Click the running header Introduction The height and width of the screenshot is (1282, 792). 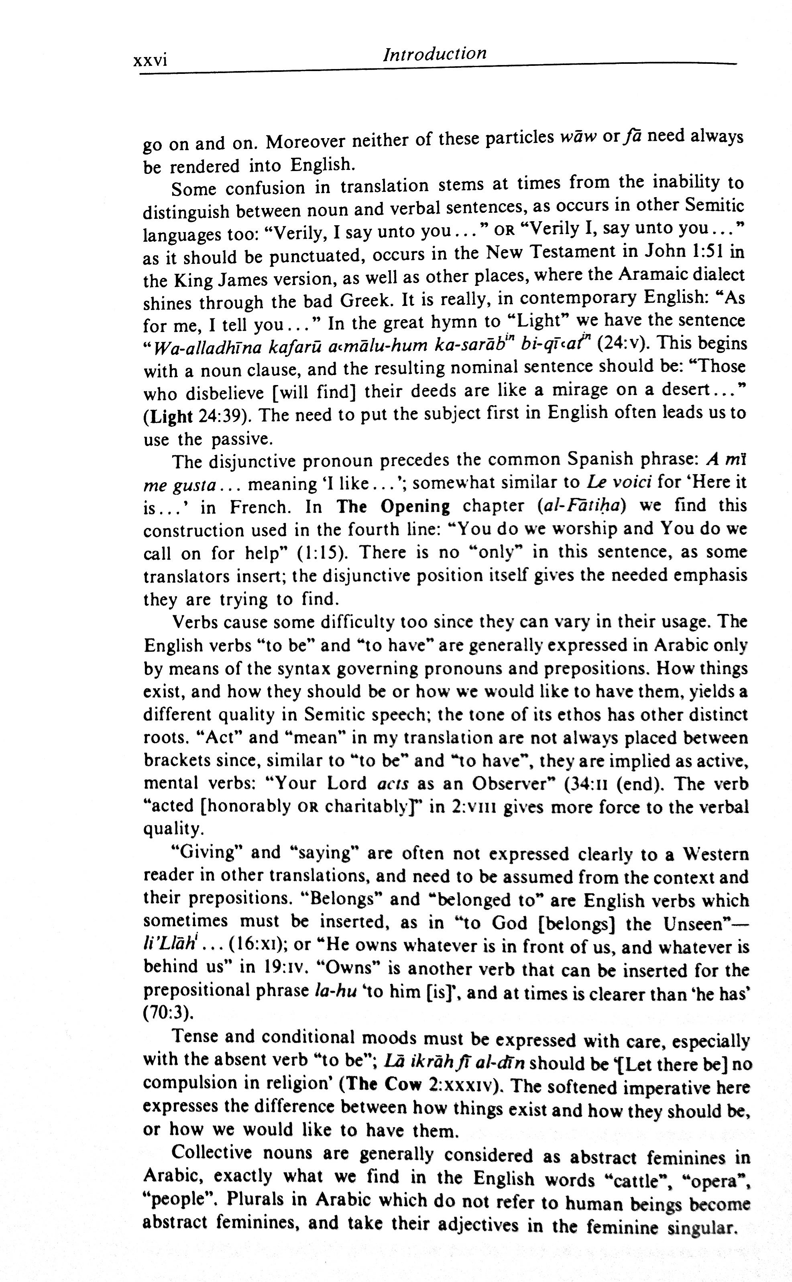[435, 54]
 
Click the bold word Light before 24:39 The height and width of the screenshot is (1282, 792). [168, 416]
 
